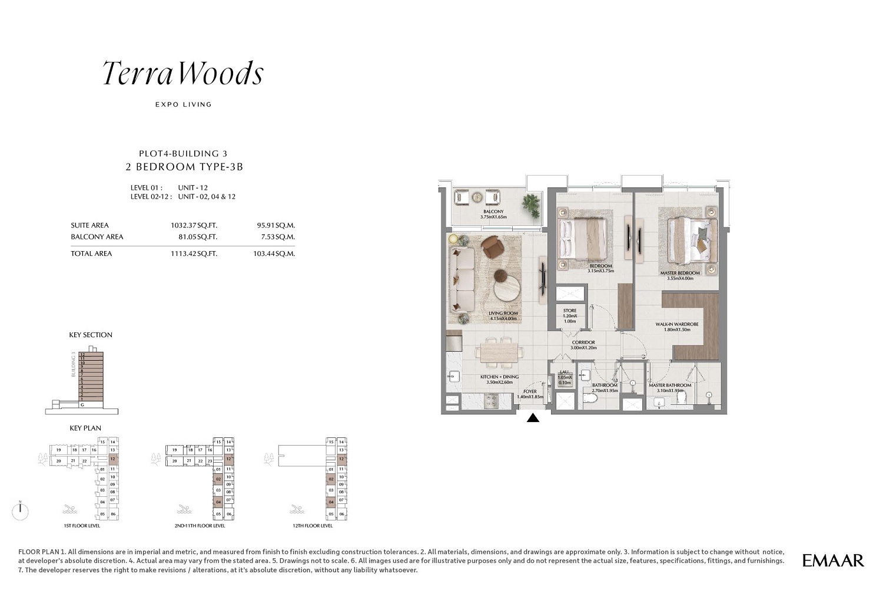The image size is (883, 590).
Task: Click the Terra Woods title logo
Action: pyautogui.click(x=182, y=74)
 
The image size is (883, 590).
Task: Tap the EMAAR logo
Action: pyautogui.click(x=833, y=561)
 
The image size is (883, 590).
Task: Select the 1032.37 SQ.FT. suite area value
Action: pyautogui.click(x=194, y=225)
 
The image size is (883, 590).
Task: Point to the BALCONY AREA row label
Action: pyautogui.click(x=97, y=237)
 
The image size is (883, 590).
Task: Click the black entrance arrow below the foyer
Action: pyautogui.click(x=533, y=418)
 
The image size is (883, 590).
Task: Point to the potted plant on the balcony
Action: pyautogui.click(x=531, y=204)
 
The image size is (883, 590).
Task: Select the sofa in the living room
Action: pyautogui.click(x=461, y=279)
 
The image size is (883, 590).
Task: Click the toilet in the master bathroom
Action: pyautogui.click(x=683, y=400)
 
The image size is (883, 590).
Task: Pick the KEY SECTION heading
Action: pyautogui.click(x=91, y=335)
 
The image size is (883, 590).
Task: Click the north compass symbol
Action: pyautogui.click(x=21, y=510)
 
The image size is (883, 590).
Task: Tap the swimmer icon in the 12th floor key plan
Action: pyautogui.click(x=296, y=509)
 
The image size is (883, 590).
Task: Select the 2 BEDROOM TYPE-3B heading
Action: pyautogui.click(x=184, y=167)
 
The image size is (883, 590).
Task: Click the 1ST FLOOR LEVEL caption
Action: pyautogui.click(x=82, y=526)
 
